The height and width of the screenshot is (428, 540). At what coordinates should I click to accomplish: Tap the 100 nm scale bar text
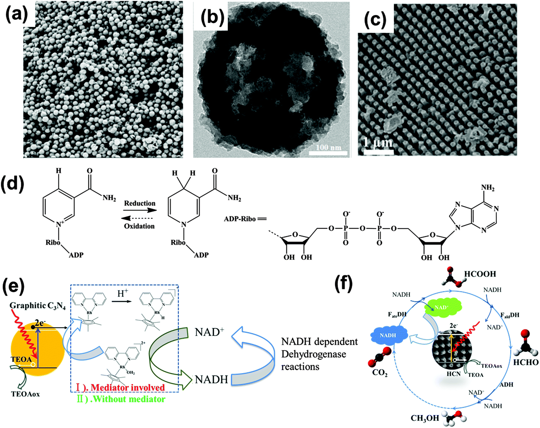[x=328, y=147]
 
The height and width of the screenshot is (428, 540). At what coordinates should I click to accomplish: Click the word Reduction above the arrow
[x=140, y=203]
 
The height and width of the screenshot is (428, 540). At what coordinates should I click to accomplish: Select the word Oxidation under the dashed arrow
[x=139, y=226]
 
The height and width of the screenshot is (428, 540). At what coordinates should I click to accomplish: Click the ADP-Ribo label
[x=240, y=219]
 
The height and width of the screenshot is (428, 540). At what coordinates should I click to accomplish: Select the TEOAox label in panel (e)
[x=25, y=394]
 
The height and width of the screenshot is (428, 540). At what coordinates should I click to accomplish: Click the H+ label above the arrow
[x=123, y=294]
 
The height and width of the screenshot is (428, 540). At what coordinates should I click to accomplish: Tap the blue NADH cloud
[x=388, y=335]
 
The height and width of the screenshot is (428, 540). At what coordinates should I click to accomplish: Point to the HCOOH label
[x=480, y=274]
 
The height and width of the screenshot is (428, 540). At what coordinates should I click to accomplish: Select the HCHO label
[x=526, y=362]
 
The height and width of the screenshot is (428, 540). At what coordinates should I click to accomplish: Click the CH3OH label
[x=425, y=418]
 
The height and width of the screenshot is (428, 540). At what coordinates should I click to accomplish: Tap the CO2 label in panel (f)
[x=380, y=373]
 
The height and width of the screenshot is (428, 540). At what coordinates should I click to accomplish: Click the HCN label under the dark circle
[x=454, y=374]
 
